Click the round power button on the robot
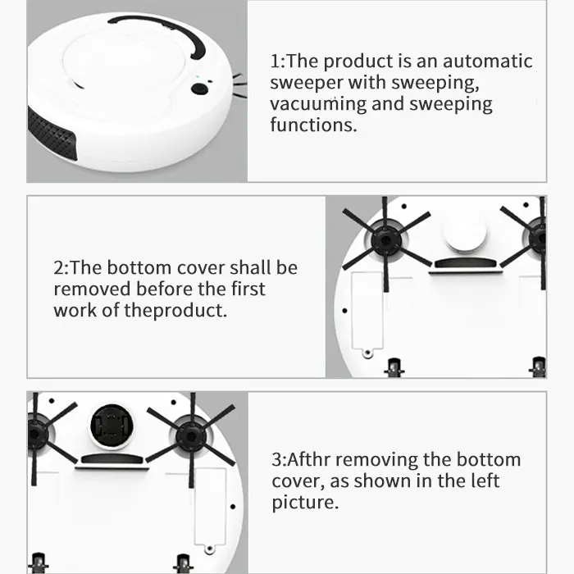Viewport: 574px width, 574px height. (x=198, y=89)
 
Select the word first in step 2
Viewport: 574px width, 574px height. (x=244, y=289)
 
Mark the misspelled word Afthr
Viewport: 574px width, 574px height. (x=309, y=459)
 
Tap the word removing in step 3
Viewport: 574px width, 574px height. (x=383, y=459)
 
